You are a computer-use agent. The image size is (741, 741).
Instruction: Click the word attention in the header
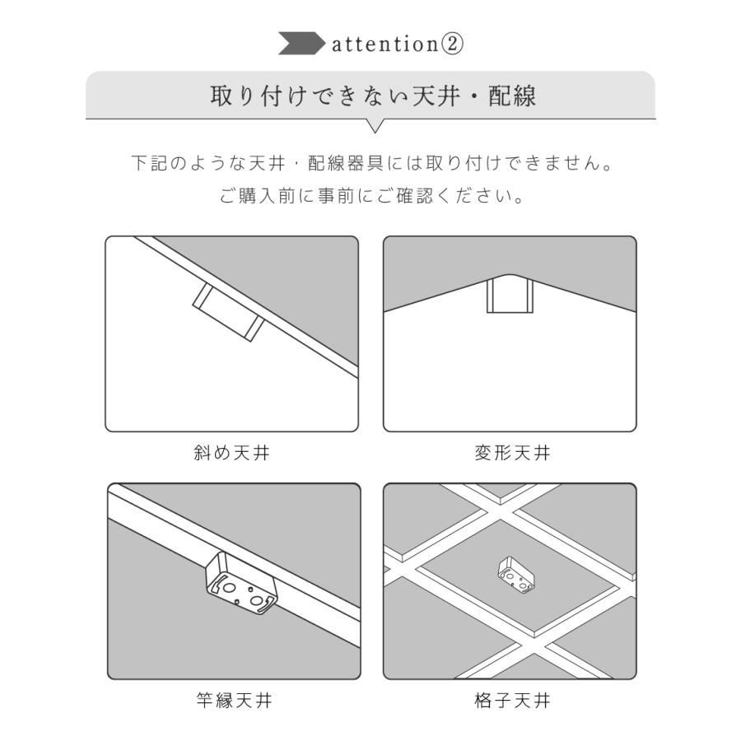[383, 44]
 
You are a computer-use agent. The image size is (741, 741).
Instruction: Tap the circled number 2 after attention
[452, 44]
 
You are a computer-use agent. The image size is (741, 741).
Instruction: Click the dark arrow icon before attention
[301, 44]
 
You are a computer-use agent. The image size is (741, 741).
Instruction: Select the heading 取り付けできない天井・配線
[374, 96]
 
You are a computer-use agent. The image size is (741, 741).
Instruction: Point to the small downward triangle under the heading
[375, 126]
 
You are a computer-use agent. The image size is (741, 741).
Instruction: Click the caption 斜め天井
[231, 453]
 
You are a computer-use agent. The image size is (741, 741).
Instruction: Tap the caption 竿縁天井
[234, 701]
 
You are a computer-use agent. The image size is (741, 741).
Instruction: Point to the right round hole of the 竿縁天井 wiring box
[258, 601]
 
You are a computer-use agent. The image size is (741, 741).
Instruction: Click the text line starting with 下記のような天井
[374, 162]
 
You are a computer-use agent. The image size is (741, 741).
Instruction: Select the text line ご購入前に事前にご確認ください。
[372, 198]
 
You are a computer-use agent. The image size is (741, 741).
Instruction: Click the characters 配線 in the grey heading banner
[512, 96]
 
